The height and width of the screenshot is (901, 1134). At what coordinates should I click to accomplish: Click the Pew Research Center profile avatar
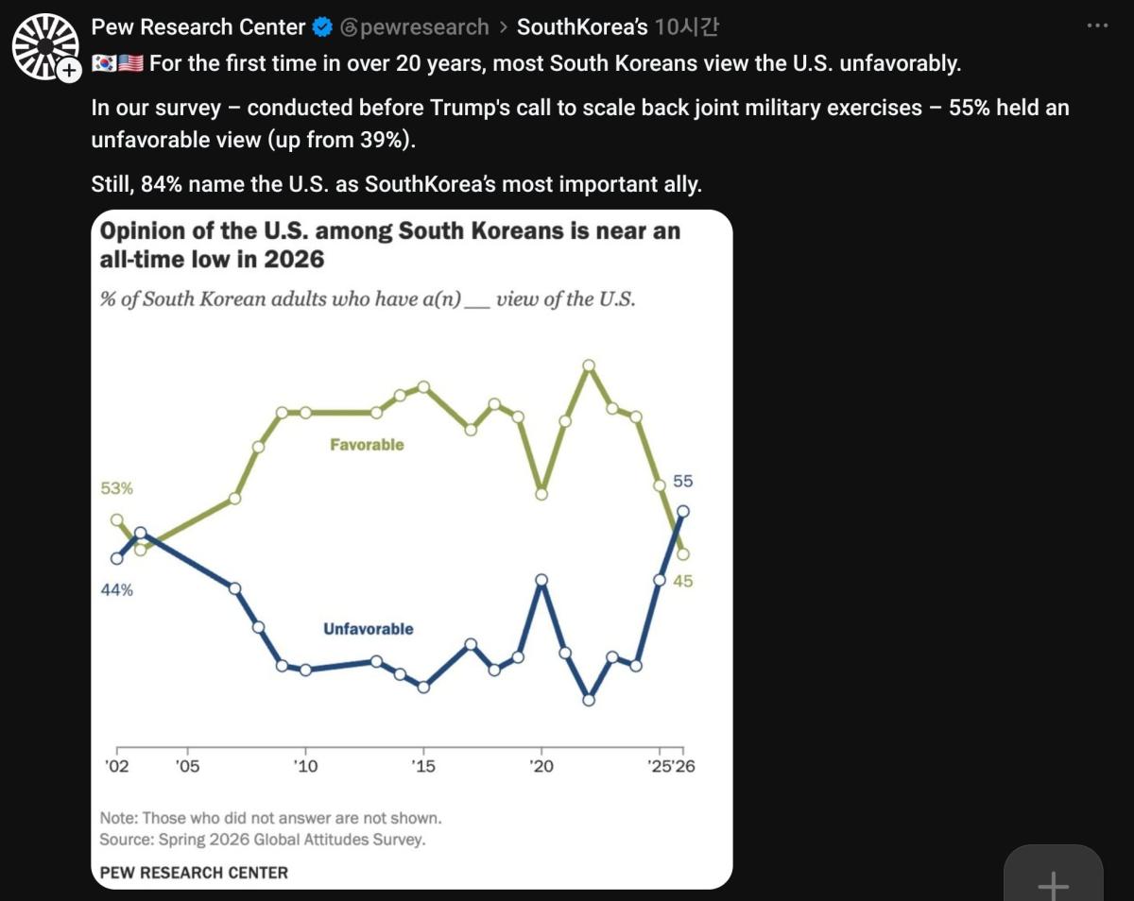tap(46, 46)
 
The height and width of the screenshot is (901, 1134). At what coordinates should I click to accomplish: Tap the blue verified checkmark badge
tap(322, 26)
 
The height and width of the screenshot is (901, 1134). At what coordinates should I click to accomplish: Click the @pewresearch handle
tap(415, 26)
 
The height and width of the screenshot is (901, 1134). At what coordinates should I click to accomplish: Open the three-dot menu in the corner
tap(1097, 25)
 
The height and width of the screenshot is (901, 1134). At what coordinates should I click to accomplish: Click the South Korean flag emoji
tap(104, 63)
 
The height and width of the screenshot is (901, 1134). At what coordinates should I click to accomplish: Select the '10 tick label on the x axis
tap(305, 766)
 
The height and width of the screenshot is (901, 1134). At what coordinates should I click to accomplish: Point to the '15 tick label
tap(423, 766)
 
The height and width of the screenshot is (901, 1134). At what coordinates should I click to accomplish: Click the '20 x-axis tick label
tap(541, 766)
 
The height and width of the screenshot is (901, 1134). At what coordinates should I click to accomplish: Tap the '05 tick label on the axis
tap(188, 766)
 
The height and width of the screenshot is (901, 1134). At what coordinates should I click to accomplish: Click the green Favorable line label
tap(367, 445)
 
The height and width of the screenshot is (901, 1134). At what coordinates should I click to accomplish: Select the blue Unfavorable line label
tap(369, 629)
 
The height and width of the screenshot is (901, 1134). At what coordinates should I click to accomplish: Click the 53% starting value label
tap(116, 488)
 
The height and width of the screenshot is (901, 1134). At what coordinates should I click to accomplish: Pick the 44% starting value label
tap(116, 589)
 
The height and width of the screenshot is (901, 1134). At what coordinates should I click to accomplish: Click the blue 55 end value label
tap(683, 481)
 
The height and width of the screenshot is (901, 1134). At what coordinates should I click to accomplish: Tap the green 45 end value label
tap(683, 582)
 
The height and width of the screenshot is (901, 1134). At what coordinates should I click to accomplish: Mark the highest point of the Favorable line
tap(589, 365)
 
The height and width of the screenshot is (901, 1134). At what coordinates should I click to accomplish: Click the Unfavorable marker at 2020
tap(541, 580)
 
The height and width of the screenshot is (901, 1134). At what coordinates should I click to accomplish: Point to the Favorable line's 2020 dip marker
tap(541, 494)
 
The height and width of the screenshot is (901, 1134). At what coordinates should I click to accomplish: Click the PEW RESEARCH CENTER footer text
tap(194, 873)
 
